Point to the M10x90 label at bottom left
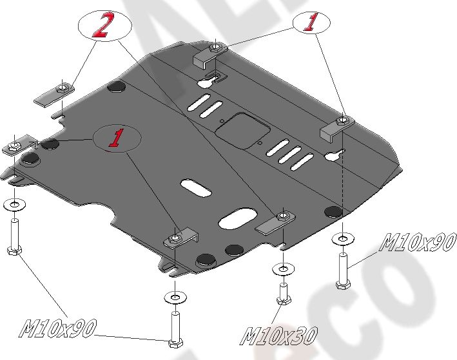(57, 328)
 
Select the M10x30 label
(279, 334)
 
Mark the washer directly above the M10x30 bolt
(281, 268)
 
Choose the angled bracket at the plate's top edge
(208, 55)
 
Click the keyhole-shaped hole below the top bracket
(208, 83)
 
